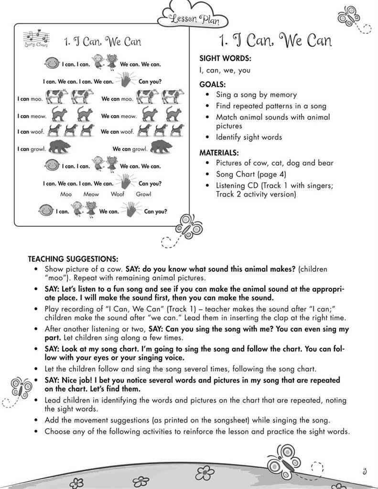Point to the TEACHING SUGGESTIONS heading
(73, 259)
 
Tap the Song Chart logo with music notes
(35, 39)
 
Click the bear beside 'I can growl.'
(60, 147)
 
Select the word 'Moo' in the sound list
(66, 194)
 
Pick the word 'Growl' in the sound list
(143, 194)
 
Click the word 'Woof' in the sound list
(118, 194)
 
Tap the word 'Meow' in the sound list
(91, 194)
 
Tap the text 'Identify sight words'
(248, 137)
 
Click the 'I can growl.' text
(32, 149)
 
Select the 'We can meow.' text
(119, 116)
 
